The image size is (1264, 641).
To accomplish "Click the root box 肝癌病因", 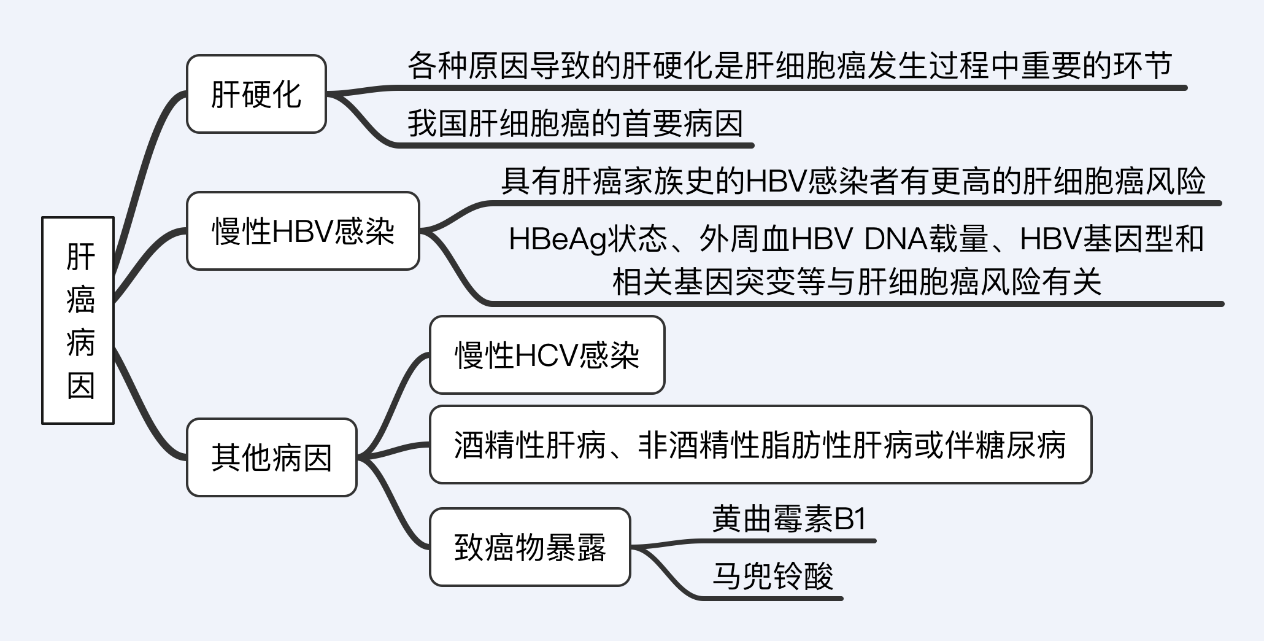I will tap(78, 320).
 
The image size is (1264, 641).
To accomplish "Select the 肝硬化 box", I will tap(256, 94).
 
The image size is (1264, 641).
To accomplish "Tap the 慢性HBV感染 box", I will tap(303, 231).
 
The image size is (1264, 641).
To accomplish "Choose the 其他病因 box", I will tap(271, 457).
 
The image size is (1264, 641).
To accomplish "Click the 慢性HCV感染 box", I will tap(547, 355).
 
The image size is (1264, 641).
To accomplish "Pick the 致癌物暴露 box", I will tap(530, 547).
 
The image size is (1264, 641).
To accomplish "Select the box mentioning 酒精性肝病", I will tap(760, 445).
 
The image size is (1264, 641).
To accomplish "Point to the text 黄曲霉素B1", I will tap(788, 519).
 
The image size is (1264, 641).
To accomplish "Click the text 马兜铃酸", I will tap(773, 576).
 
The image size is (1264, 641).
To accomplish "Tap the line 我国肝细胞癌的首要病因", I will tap(575, 124).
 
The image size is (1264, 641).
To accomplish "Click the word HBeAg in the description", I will tap(557, 239).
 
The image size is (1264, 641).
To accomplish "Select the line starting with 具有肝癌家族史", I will tap(853, 182).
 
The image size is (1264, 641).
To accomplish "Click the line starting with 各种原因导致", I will tap(790, 66).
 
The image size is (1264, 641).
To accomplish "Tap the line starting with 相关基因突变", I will tap(857, 282).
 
